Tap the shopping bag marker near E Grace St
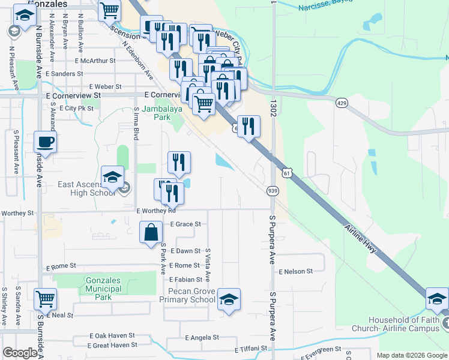point(151,232)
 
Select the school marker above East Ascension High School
point(112,177)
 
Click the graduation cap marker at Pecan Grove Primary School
point(229,299)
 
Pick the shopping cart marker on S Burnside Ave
point(46,299)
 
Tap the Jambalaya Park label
point(153,113)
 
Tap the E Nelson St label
point(296,271)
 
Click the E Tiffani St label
point(255,349)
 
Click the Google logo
point(20,353)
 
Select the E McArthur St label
point(95,61)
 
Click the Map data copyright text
point(411,355)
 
